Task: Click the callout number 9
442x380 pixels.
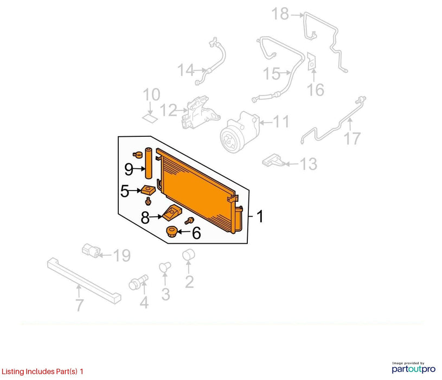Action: [x=129, y=169]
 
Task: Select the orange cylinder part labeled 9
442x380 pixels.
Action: [x=148, y=163]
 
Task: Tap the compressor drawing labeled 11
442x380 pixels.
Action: [x=240, y=132]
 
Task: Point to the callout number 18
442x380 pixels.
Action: [x=280, y=14]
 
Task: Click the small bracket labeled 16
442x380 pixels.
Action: [x=311, y=62]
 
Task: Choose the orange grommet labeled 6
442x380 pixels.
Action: [x=171, y=232]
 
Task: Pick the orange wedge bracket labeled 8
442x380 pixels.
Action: [x=172, y=213]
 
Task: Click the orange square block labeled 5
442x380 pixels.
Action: [x=148, y=190]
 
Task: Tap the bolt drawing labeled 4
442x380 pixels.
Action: [x=138, y=282]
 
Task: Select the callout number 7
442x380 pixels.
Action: [x=80, y=305]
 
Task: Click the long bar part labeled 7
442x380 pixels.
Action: [x=84, y=280]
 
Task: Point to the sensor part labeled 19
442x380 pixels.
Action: [x=91, y=250]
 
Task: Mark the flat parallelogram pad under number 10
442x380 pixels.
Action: [x=150, y=118]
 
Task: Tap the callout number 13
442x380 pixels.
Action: [x=309, y=164]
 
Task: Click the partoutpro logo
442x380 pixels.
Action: [x=414, y=369]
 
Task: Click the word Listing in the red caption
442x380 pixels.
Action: [x=13, y=371]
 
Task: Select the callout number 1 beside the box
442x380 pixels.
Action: [x=260, y=217]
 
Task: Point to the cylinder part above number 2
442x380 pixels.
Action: [x=189, y=255]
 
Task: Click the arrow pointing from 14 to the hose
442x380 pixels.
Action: [x=201, y=69]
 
